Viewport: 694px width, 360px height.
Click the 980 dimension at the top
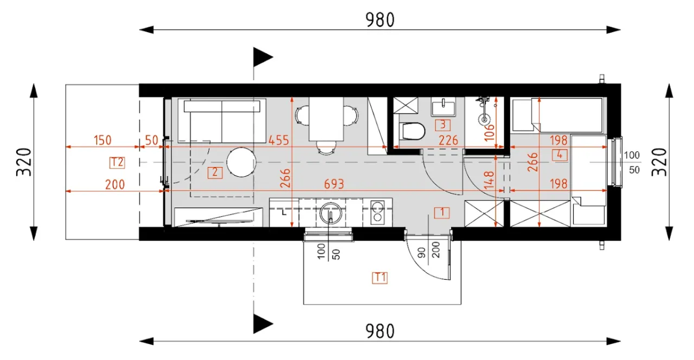click(380, 20)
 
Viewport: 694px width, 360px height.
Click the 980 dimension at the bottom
click(380, 331)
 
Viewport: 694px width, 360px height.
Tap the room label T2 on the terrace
click(117, 162)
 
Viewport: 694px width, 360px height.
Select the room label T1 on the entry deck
click(380, 278)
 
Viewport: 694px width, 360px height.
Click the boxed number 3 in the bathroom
click(443, 125)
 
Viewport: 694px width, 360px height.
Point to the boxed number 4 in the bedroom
click(560, 155)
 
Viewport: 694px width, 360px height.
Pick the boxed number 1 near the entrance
click(442, 213)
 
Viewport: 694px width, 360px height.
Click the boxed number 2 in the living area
click(215, 172)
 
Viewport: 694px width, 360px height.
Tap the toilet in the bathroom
click(412, 131)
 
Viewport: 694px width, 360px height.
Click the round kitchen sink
click(331, 213)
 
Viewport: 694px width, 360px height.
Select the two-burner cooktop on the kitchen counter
click(377, 213)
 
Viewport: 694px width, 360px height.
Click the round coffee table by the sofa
click(241, 162)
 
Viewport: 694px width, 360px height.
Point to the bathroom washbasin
click(444, 107)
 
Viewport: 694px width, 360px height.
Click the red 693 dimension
click(334, 184)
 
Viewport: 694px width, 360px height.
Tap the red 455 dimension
click(279, 140)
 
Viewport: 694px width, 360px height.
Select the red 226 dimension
click(448, 140)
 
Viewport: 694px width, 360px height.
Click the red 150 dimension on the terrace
click(102, 140)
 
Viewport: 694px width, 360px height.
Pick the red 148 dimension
click(489, 180)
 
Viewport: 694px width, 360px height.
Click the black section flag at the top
click(263, 57)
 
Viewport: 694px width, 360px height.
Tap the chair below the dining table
click(326, 147)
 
